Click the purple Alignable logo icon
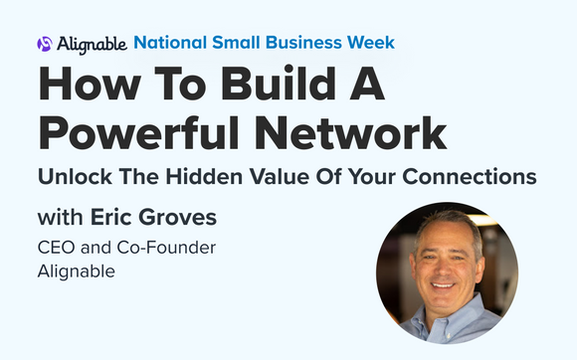(x=44, y=44)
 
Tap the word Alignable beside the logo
(x=91, y=44)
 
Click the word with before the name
(x=59, y=218)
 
